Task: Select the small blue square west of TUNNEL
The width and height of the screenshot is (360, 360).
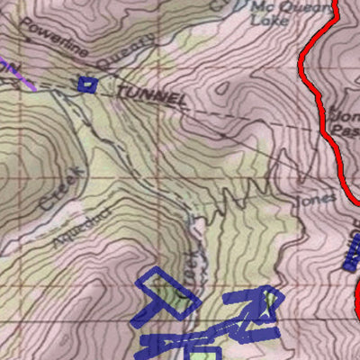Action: pyautogui.click(x=86, y=85)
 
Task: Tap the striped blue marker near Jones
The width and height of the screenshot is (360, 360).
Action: pyautogui.click(x=350, y=257)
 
